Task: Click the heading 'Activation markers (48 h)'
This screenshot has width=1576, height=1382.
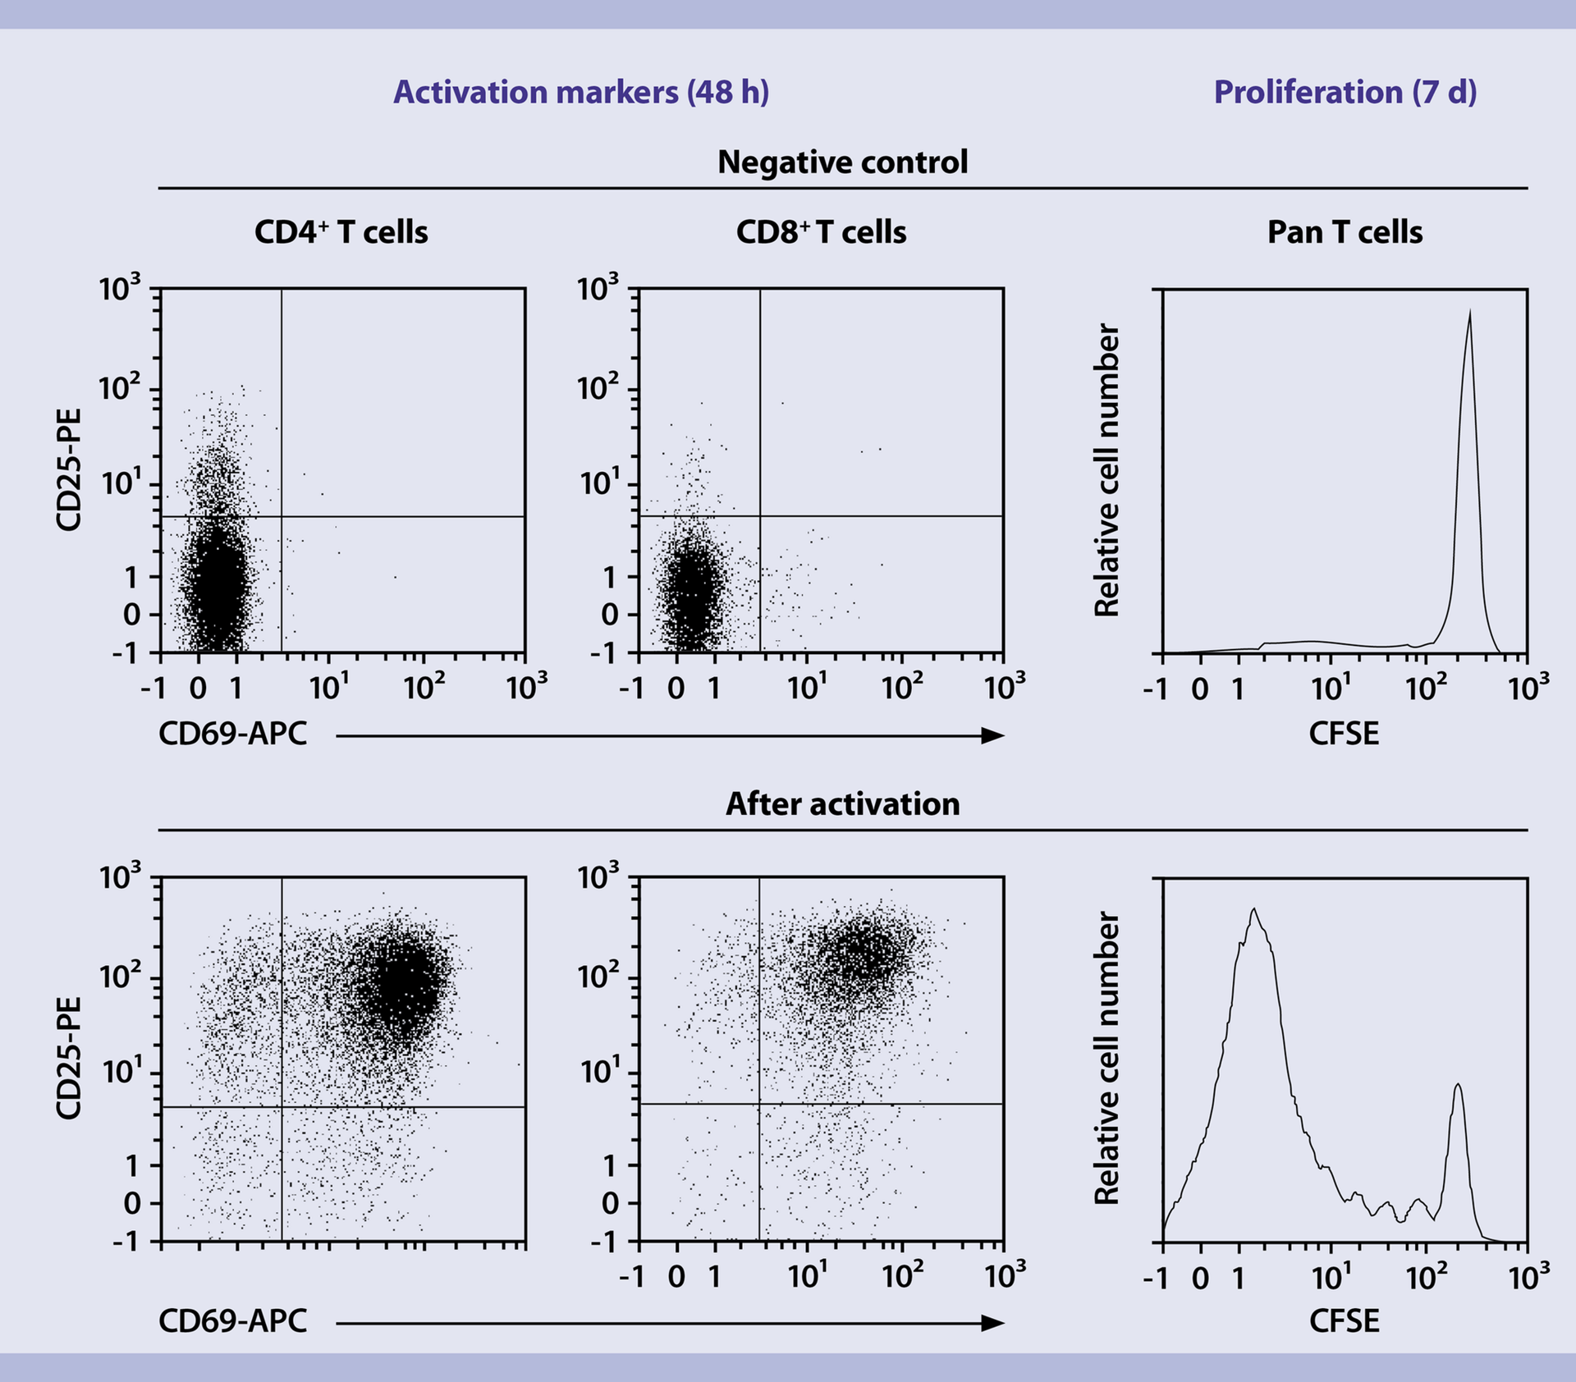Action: point(581,92)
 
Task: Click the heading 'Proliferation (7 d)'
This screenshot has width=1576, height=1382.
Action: point(1345,92)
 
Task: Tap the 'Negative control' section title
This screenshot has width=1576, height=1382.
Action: point(842,162)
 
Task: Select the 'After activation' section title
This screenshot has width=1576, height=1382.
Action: point(842,803)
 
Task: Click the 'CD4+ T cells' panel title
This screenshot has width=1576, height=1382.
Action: point(341,232)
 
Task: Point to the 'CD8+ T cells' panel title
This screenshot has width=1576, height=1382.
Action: point(821,232)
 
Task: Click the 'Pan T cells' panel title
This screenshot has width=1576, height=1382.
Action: point(1345,232)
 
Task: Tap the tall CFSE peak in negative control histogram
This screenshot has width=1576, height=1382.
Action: point(1468,345)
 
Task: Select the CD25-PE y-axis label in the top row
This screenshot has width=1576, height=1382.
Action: point(69,470)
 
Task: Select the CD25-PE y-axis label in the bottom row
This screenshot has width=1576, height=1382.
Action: point(69,1058)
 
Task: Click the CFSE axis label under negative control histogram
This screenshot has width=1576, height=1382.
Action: point(1344,734)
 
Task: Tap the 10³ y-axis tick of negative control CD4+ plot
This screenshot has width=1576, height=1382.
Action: point(120,289)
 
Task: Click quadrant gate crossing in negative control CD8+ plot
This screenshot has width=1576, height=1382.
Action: point(760,516)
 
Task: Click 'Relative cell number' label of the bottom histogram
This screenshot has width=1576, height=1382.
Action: point(1107,1058)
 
